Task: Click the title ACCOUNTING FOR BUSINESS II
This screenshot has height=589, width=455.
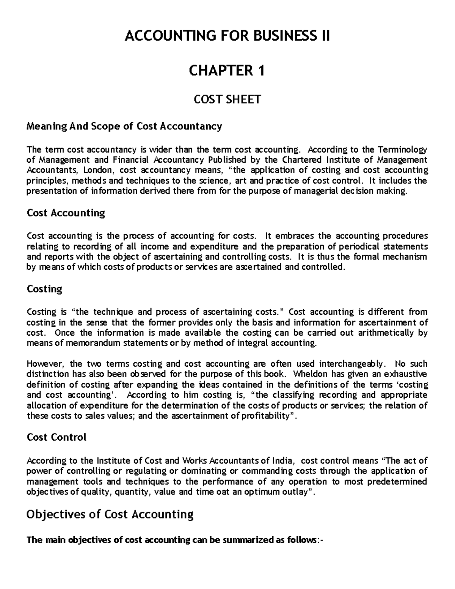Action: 227,36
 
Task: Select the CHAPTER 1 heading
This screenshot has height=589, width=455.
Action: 227,71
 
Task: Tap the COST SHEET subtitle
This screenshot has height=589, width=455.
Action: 227,99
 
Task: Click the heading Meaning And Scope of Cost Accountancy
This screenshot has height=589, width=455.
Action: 124,126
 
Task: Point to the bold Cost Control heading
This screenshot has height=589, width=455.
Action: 56,437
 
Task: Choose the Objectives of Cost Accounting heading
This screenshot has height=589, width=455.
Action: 110,515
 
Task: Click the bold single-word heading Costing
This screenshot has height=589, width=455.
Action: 44,289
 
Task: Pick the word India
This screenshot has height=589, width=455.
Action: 283,461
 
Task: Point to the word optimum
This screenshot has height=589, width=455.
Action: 249,492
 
